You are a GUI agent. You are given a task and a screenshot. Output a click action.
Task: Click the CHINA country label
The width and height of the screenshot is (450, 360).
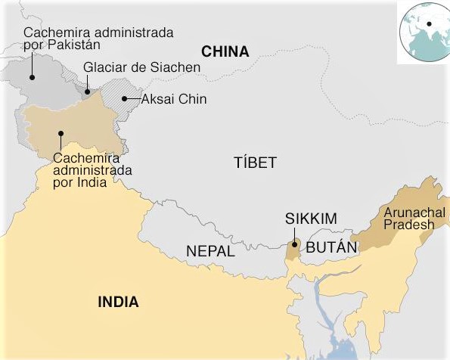coord(225,52)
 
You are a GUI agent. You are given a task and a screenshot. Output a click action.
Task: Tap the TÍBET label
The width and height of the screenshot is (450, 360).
coord(256,163)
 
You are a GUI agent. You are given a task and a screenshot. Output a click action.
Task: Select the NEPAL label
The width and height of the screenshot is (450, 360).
coord(210,251)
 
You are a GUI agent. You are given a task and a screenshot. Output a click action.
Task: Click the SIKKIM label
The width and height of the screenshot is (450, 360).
coord(311,219)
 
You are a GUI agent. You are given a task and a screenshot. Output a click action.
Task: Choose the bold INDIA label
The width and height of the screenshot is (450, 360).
coord(119,303)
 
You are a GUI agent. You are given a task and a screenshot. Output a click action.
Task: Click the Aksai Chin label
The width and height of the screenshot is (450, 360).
coord(174,99)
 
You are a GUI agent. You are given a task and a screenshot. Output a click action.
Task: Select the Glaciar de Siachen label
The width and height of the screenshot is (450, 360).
coord(142,67)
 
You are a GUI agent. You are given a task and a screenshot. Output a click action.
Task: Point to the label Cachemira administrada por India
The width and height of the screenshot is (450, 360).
coord(92,170)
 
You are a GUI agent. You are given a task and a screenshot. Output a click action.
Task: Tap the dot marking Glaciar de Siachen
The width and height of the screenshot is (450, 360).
coord(87,92)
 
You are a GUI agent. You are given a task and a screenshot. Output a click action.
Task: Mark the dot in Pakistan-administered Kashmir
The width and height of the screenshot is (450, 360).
coord(33,76)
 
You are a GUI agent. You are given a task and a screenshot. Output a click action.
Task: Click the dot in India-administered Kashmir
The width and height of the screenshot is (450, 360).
coord(60,135)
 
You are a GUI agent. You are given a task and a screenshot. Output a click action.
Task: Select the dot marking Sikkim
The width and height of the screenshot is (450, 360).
coord(294,245)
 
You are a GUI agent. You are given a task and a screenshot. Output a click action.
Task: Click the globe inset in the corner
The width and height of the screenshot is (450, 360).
coord(424,33)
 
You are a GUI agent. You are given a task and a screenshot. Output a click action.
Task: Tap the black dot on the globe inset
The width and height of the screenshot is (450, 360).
coord(429,24)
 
